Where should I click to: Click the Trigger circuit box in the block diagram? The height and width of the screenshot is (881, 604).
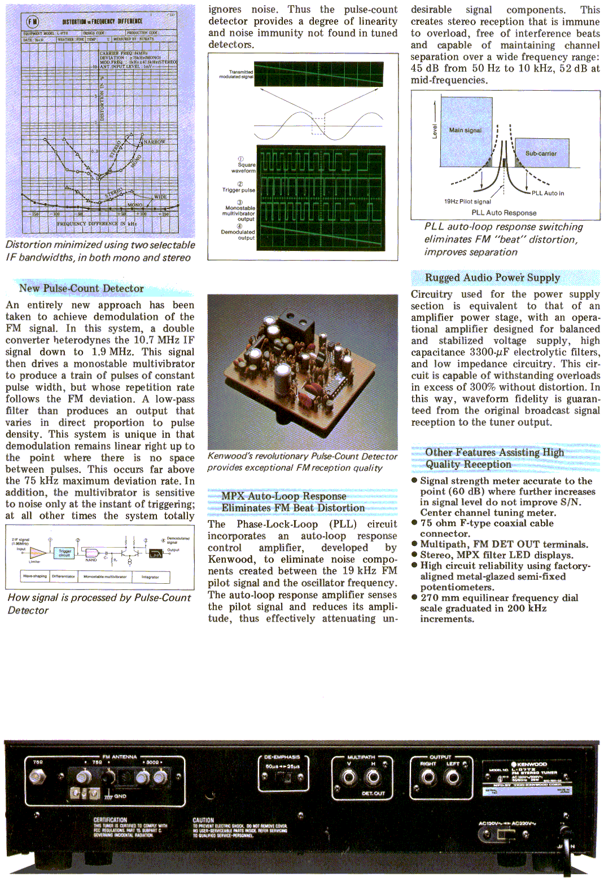[65, 553]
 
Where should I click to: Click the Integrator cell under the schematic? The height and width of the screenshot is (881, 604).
[150, 576]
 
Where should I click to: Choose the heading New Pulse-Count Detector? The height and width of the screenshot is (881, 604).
[81, 288]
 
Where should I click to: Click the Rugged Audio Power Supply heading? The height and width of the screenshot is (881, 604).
[492, 277]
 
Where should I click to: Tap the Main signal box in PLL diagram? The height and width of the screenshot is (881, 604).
[466, 130]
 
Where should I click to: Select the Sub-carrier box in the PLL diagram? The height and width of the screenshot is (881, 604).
[541, 153]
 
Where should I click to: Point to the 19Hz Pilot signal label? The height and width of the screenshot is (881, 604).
[467, 201]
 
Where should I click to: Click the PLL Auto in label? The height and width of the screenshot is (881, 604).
[548, 193]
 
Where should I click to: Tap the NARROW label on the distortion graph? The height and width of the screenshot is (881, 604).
[154, 142]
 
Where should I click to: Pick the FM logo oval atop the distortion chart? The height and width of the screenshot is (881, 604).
[33, 21]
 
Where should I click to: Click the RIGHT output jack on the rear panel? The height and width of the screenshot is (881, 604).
[428, 778]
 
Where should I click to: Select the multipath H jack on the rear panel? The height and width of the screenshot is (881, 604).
[373, 778]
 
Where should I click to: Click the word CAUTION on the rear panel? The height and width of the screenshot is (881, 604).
[203, 820]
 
